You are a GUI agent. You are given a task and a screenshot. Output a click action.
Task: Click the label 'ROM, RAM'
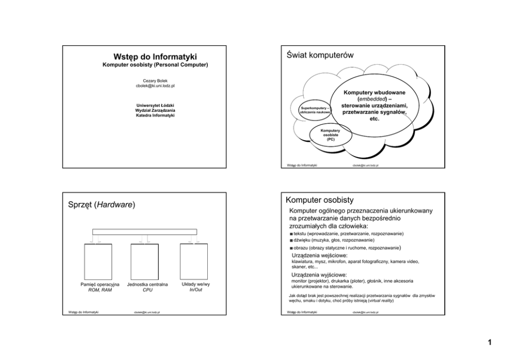coord(100,290)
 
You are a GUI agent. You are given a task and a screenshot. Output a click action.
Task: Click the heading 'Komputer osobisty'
coord(321,199)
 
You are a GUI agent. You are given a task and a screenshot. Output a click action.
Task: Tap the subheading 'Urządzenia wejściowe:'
coord(319,255)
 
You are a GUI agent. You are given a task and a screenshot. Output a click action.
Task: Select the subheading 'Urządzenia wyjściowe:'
coord(319,275)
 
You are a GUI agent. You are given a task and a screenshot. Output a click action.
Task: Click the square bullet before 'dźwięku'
coord(291,240)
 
